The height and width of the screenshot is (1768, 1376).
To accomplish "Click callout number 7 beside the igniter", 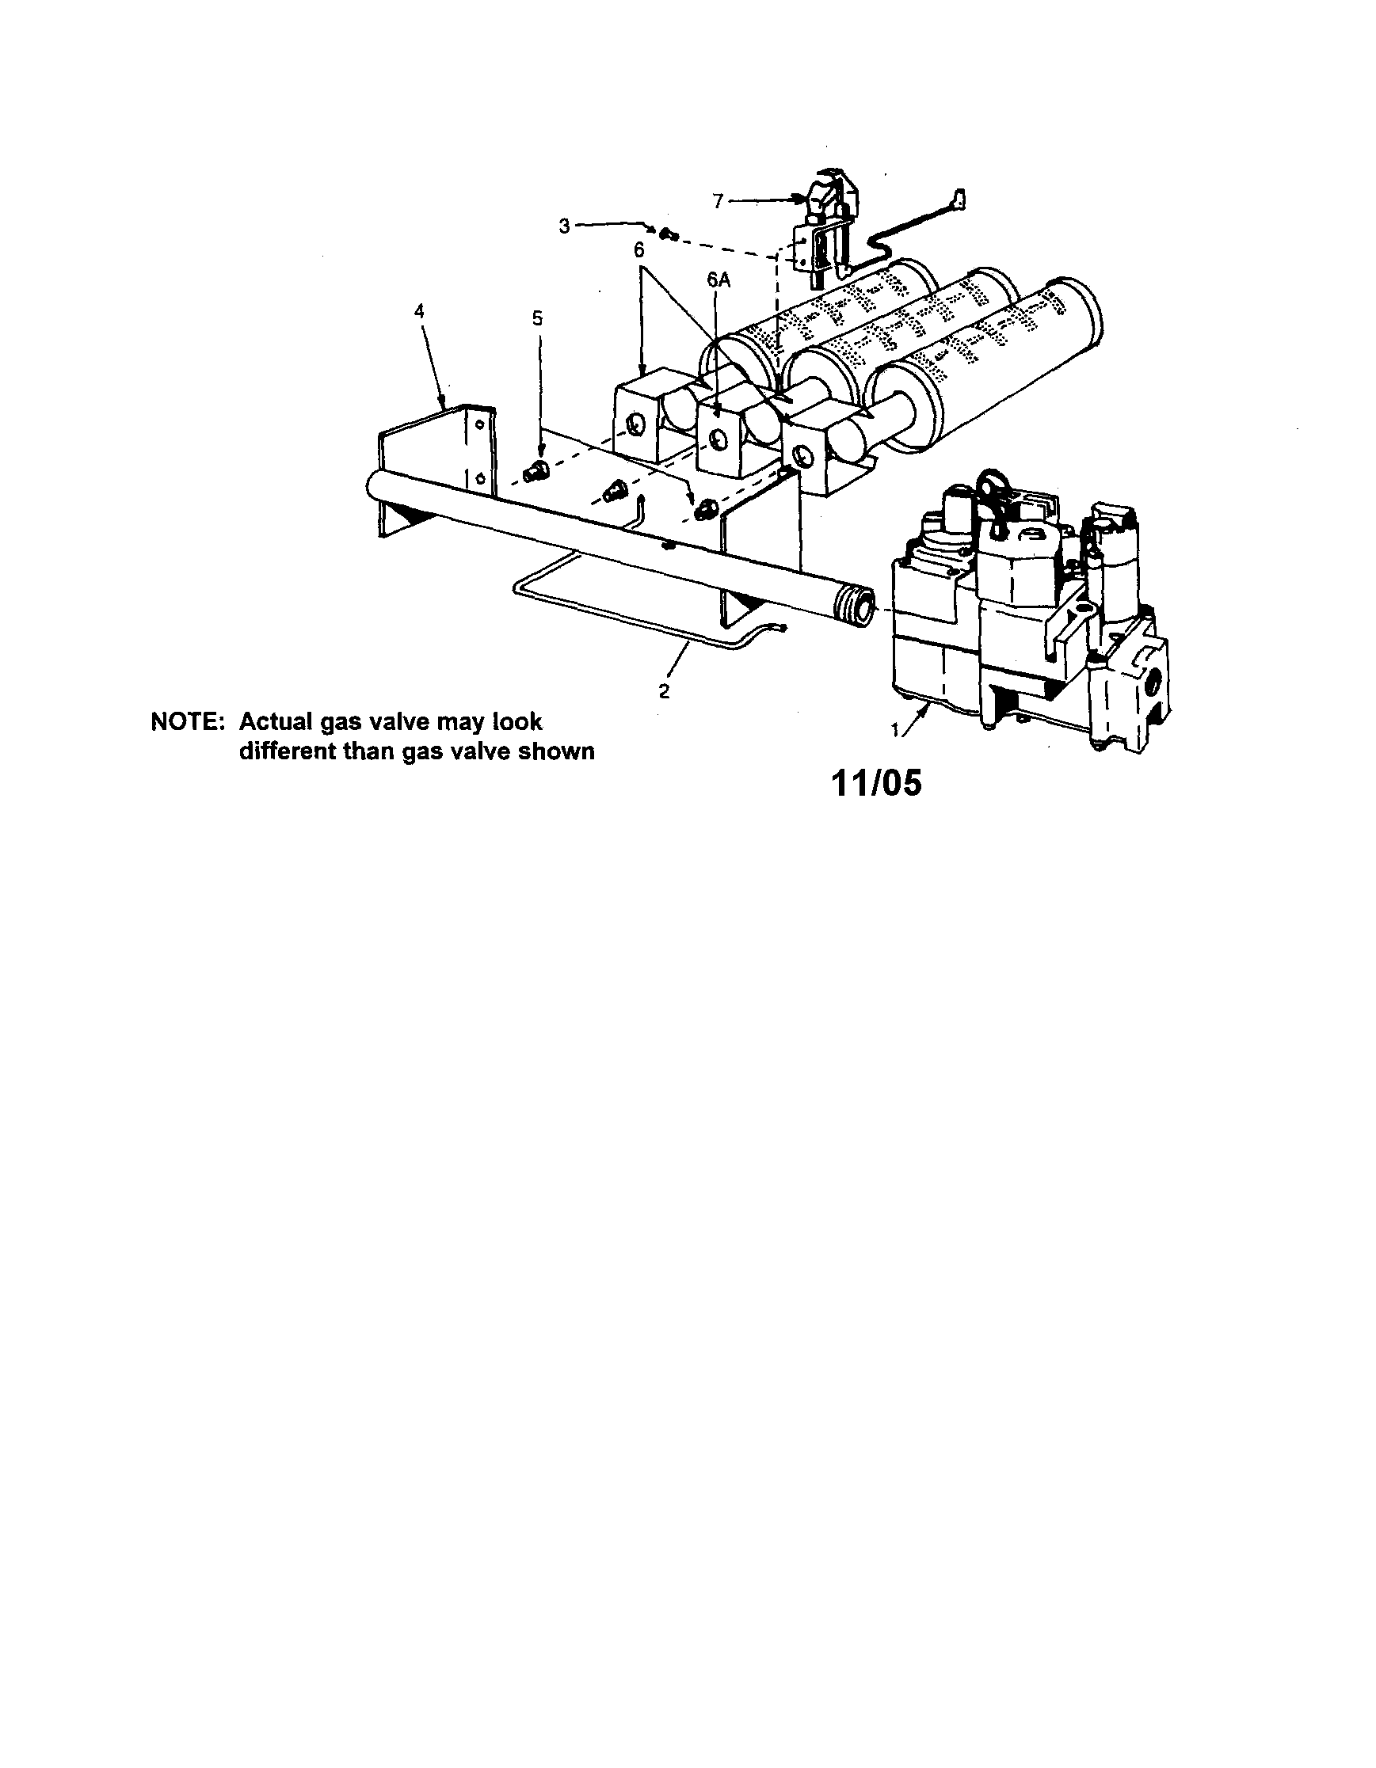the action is (x=718, y=202).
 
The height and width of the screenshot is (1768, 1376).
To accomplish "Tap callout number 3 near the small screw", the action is (x=566, y=226).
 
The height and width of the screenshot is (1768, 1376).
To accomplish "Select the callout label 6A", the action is (x=718, y=280).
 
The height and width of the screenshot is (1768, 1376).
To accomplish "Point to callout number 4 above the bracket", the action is (x=419, y=312).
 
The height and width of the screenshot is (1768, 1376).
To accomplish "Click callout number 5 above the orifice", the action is (x=538, y=319).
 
